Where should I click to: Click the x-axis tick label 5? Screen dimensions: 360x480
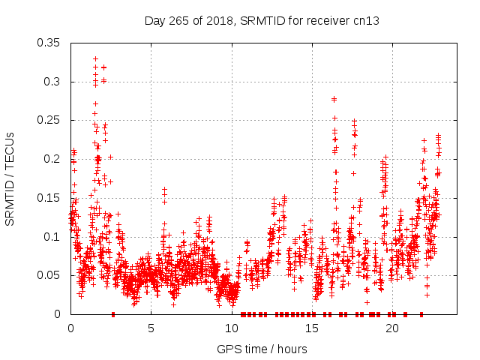[x=151, y=328]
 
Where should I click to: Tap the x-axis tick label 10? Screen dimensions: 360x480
[x=231, y=328]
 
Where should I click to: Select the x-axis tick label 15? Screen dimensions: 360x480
[x=311, y=328]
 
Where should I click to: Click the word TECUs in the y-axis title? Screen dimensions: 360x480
[x=10, y=147]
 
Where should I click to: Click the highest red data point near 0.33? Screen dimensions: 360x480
[x=95, y=58]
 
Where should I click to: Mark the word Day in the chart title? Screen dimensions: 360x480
[x=154, y=20]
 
